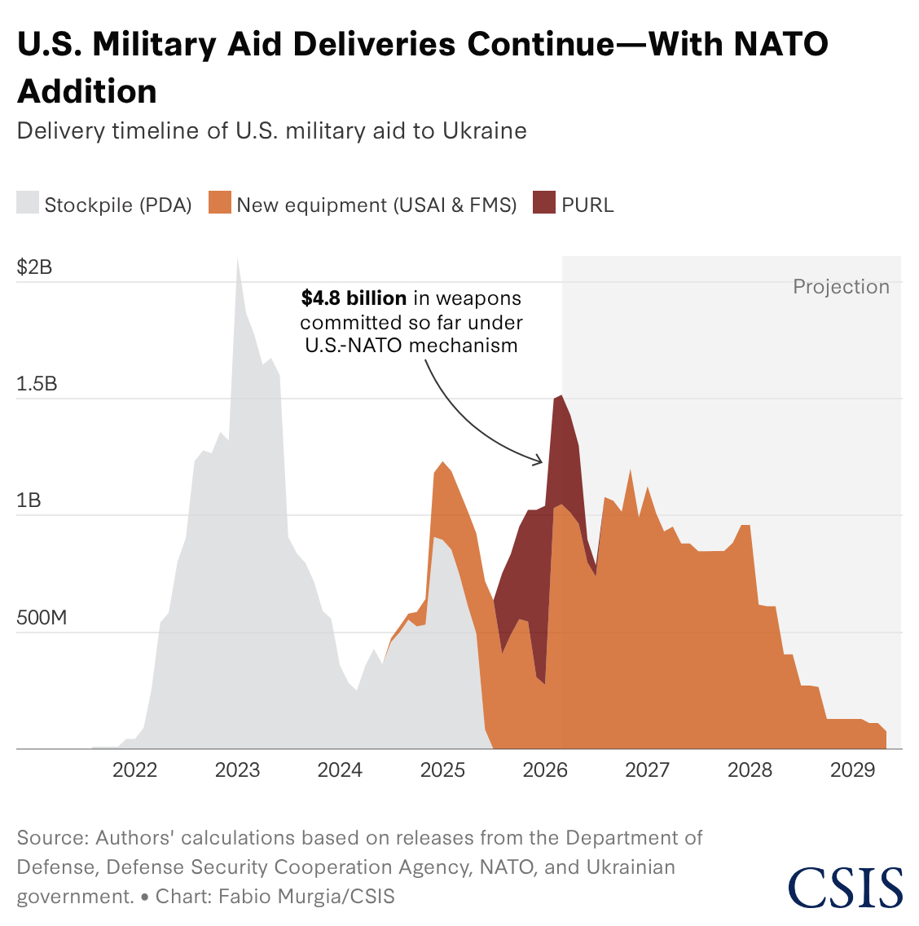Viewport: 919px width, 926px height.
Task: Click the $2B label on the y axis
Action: coord(34,267)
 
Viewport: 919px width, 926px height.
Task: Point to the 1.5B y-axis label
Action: coord(37,384)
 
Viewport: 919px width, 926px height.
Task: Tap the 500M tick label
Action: coord(42,618)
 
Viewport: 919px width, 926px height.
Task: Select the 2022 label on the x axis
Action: coord(134,770)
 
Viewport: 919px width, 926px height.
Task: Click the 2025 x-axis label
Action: coord(442,770)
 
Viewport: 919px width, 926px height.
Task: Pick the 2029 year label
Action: coord(852,770)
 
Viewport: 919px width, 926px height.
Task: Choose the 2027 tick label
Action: coord(647,770)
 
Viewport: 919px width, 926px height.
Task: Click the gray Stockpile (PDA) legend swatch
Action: coord(28,203)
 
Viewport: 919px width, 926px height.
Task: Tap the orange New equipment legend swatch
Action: coord(220,203)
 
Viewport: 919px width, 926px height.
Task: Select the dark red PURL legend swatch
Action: coord(544,203)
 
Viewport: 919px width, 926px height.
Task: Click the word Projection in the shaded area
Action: coord(841,287)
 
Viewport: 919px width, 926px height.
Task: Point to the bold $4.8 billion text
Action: coord(354,298)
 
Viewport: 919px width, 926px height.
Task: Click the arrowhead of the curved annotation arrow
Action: coord(540,462)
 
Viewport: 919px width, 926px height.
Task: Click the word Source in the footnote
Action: coord(51,838)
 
